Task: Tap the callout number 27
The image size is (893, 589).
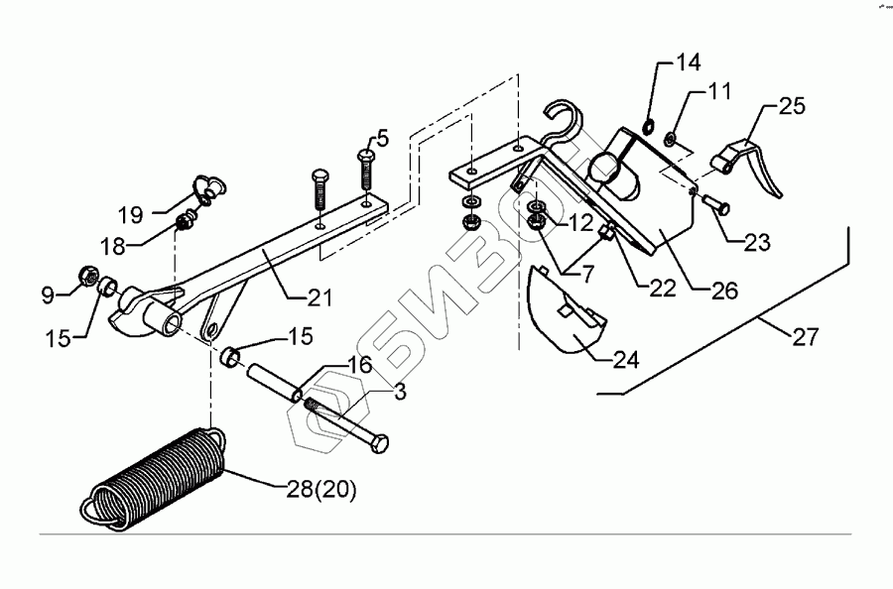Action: pos(805,338)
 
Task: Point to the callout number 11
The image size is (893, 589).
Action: pos(719,93)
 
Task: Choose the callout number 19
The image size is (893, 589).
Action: pos(131,214)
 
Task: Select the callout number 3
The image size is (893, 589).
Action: pos(399,393)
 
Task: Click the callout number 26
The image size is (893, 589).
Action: pos(723,293)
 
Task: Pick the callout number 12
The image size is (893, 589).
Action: pos(580,220)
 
